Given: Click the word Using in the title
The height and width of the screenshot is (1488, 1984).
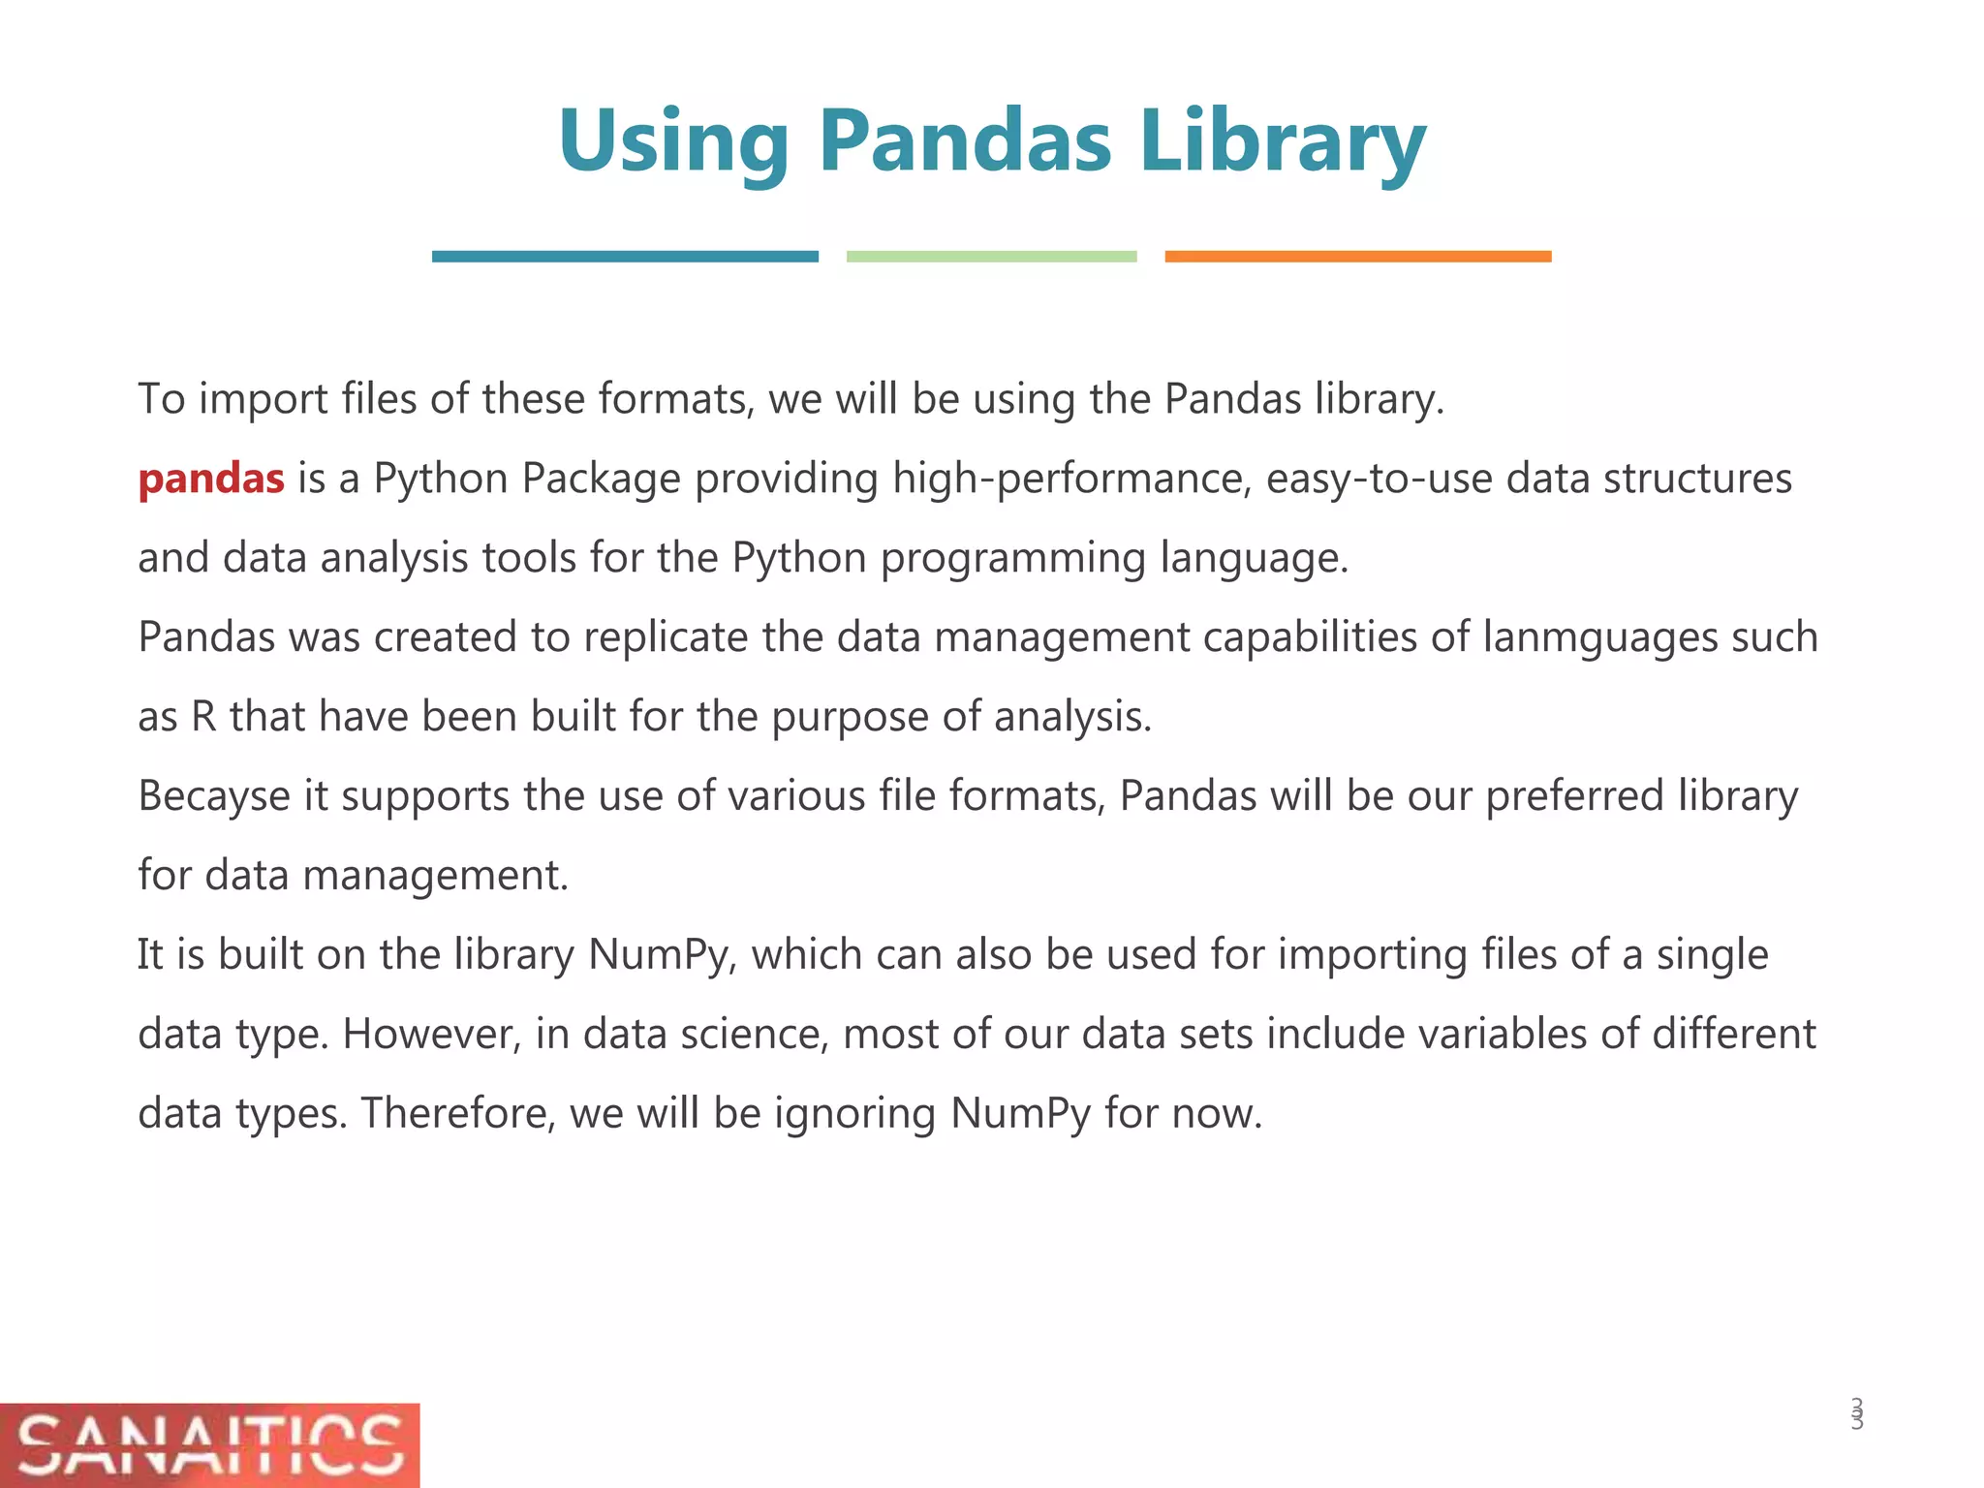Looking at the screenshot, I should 673,142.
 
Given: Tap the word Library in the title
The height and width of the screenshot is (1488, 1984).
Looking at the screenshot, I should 1282,142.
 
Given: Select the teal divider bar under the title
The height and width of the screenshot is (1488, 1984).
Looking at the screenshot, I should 625,257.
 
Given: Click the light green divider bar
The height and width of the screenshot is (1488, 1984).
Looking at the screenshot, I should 991,257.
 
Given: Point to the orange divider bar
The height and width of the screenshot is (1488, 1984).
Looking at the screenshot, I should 1357,257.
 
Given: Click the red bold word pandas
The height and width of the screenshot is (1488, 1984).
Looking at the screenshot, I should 211,479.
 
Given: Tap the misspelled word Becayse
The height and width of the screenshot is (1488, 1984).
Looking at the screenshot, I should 214,797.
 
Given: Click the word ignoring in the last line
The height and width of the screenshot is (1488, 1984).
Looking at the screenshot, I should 854,1115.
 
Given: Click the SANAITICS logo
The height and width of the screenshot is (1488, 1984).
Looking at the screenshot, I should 209,1444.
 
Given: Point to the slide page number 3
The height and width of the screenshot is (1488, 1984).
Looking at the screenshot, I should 1856,1414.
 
